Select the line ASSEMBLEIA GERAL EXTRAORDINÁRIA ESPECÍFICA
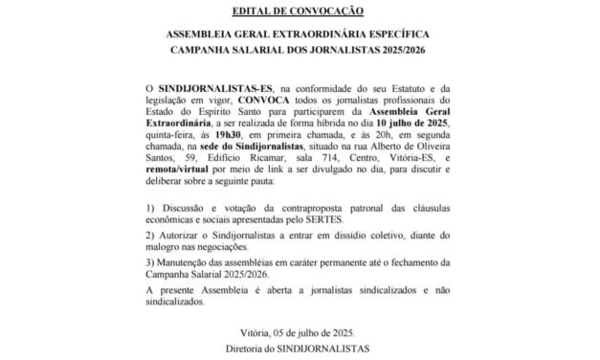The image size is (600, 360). (x=299, y=32)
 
